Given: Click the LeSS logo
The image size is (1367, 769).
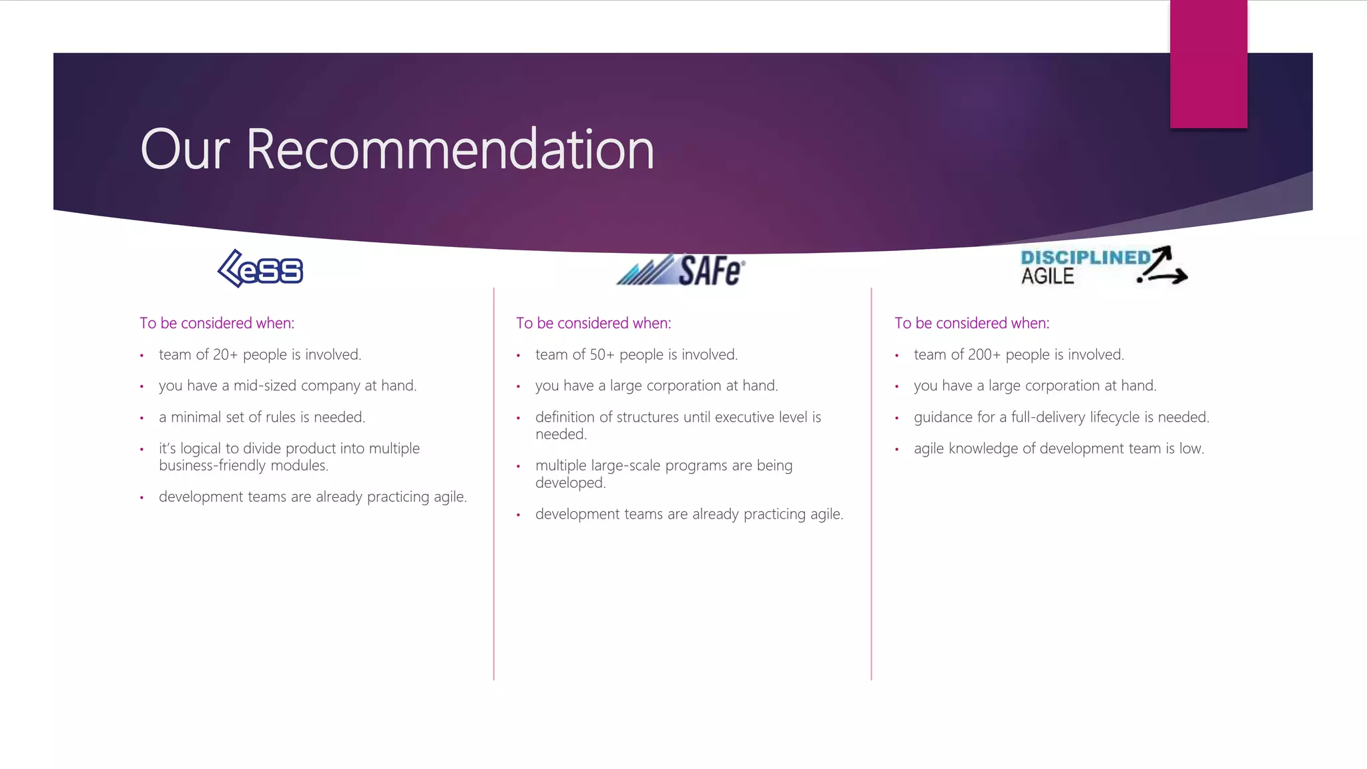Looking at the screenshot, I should click(260, 269).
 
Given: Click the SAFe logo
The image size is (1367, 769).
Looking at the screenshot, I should click(680, 270).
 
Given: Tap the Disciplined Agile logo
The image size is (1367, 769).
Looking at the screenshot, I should click(1103, 266).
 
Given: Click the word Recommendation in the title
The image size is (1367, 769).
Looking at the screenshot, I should click(450, 150).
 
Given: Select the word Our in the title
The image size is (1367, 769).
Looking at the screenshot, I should click(185, 150).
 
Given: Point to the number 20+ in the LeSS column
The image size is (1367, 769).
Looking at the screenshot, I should click(225, 354).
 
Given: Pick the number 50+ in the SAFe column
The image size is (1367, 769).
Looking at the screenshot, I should click(601, 354).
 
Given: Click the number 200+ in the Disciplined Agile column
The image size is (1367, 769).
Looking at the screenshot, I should click(984, 354).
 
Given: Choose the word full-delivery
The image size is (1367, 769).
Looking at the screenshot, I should click(1048, 417).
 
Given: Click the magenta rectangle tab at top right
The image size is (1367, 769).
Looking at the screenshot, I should click(1208, 63).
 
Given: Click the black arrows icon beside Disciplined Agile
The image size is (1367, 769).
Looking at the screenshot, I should click(1163, 266).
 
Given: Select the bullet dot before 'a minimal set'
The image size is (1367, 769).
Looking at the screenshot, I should click(142, 419).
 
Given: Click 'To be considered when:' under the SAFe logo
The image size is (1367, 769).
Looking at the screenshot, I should click(593, 323).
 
